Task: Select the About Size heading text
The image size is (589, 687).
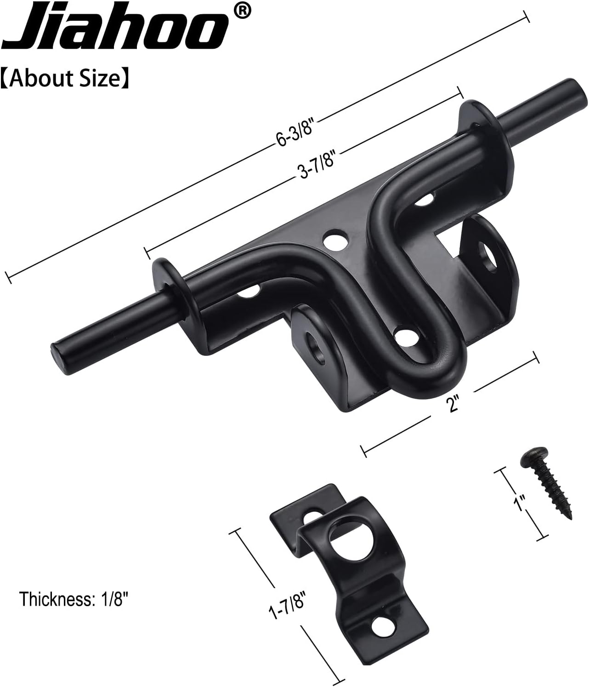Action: point(64,79)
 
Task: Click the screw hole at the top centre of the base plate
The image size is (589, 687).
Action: point(334,240)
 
